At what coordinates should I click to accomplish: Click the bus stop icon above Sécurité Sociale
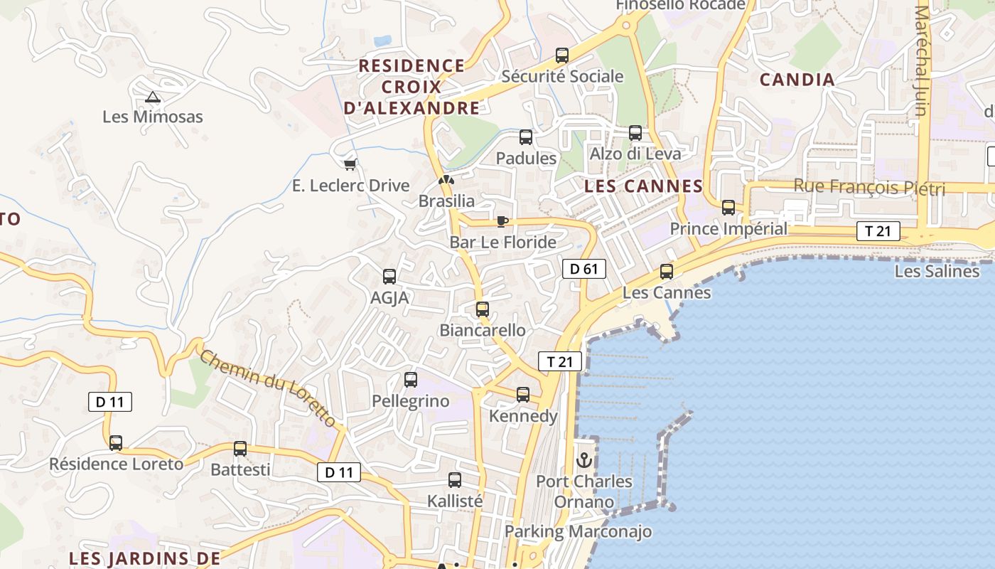pyautogui.click(x=562, y=55)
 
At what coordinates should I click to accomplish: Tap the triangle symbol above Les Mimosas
pyautogui.click(x=152, y=97)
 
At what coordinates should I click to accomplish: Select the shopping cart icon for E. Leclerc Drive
pyautogui.click(x=350, y=165)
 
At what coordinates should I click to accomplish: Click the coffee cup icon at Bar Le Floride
pyautogui.click(x=502, y=221)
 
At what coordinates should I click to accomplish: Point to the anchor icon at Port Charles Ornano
pyautogui.click(x=583, y=460)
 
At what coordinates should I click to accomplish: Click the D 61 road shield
pyautogui.click(x=584, y=269)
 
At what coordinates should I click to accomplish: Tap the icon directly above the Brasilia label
pyautogui.click(x=446, y=181)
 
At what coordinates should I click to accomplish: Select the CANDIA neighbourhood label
pyautogui.click(x=797, y=80)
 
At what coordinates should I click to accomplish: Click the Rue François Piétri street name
pyautogui.click(x=868, y=188)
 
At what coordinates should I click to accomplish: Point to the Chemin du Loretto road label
pyautogui.click(x=268, y=388)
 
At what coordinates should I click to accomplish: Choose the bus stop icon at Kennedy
pyautogui.click(x=523, y=395)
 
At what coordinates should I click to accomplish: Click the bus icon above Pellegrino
pyautogui.click(x=411, y=380)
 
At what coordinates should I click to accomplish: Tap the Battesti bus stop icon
pyautogui.click(x=240, y=449)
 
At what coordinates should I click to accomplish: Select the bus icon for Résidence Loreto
pyautogui.click(x=116, y=443)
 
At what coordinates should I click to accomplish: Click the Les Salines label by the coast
pyautogui.click(x=936, y=271)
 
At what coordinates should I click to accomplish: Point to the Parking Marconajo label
pyautogui.click(x=578, y=531)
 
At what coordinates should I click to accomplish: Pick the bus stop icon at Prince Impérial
pyautogui.click(x=728, y=208)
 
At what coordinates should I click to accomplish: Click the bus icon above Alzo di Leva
pyautogui.click(x=635, y=133)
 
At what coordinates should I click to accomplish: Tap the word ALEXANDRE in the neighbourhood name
pyautogui.click(x=412, y=108)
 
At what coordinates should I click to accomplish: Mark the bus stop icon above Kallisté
pyautogui.click(x=455, y=480)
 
